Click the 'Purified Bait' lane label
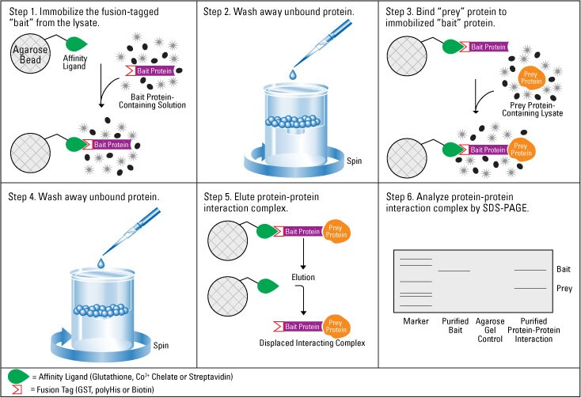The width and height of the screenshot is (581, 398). point(454,324)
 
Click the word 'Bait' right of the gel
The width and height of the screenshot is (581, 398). point(564,270)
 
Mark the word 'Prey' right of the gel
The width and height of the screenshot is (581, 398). point(564,289)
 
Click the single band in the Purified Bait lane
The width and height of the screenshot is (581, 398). point(454,271)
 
